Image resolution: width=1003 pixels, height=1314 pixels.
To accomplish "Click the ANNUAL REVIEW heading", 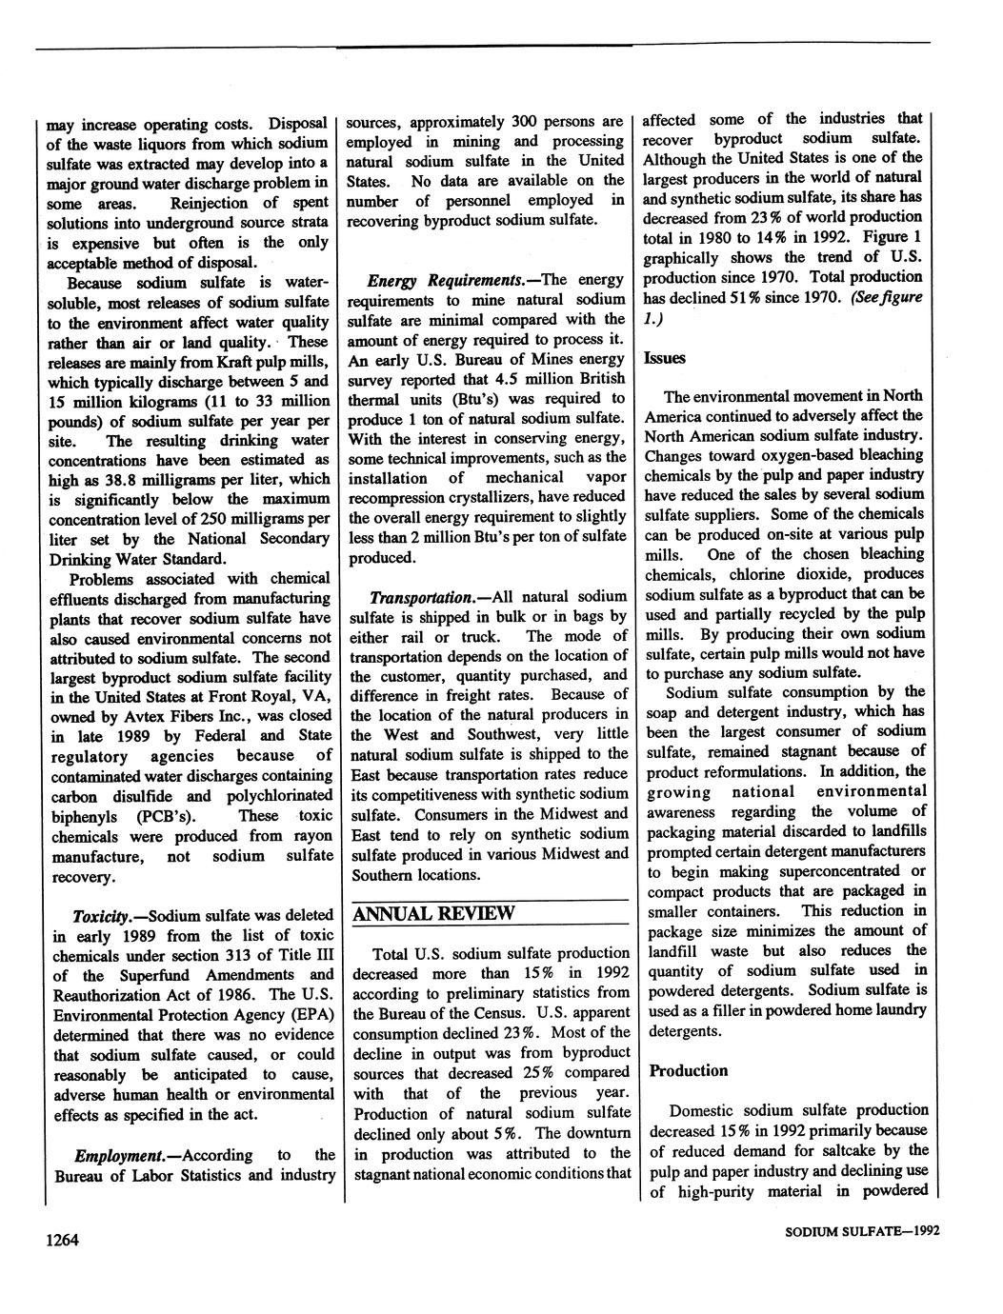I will [x=433, y=914].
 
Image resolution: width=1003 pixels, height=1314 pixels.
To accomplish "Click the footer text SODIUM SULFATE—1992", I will [x=861, y=1231].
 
